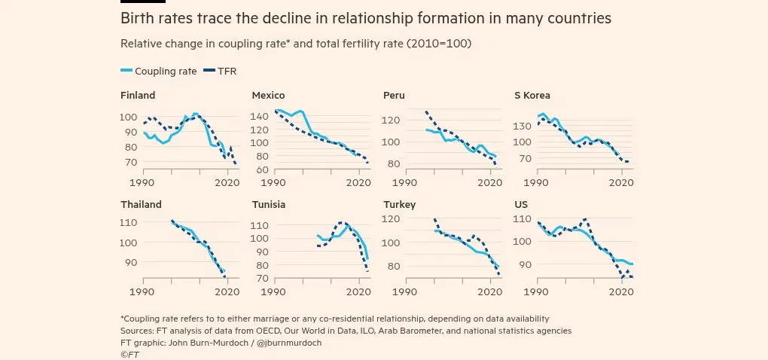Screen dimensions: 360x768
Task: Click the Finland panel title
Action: click(x=138, y=96)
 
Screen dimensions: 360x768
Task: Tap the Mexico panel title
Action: click(x=268, y=96)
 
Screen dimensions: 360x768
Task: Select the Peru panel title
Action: click(x=394, y=96)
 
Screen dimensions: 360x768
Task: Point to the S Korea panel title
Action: click(x=532, y=96)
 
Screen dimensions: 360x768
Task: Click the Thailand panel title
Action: click(x=141, y=204)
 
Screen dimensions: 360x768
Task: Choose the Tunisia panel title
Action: click(x=269, y=204)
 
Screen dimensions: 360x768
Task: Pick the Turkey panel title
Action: click(x=399, y=204)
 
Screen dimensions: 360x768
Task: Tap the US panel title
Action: click(x=521, y=204)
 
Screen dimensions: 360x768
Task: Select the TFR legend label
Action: click(x=227, y=71)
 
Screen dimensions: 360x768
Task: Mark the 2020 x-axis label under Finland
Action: click(x=227, y=182)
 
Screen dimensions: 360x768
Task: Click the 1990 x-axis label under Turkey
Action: click(x=405, y=291)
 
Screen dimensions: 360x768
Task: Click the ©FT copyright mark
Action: click(x=130, y=354)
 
